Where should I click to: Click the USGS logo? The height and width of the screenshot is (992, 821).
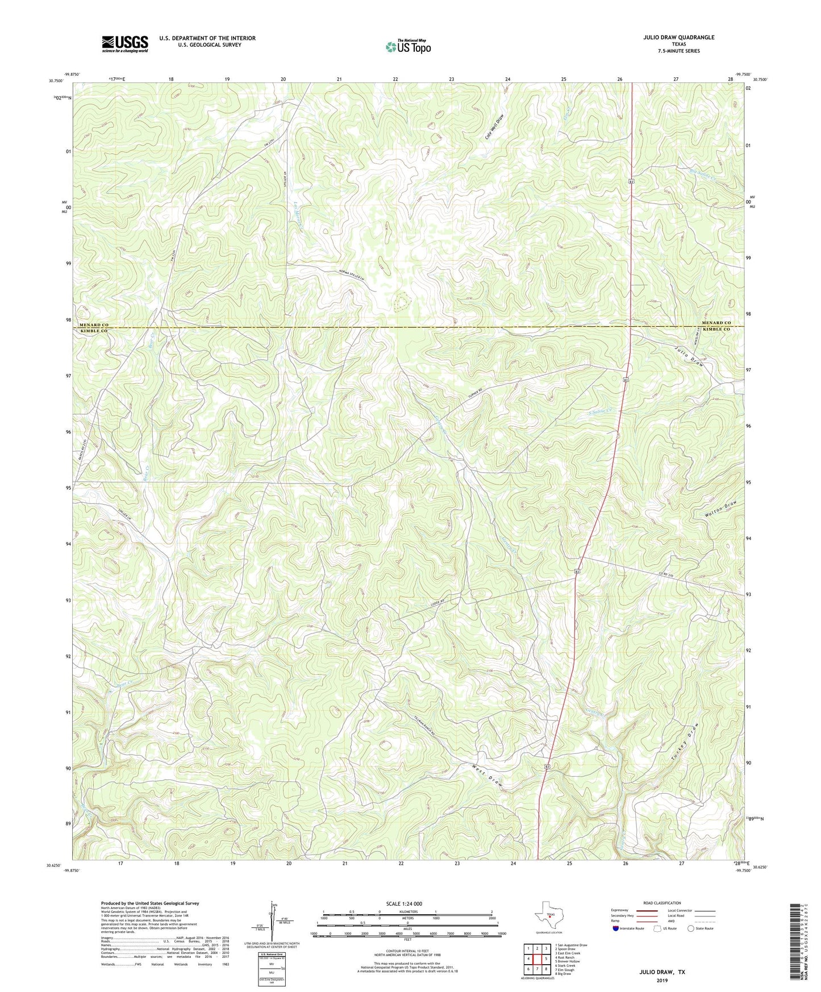tap(125, 44)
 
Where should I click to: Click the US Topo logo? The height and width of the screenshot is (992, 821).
tap(407, 47)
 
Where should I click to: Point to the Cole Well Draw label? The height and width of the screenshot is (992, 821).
tap(494, 127)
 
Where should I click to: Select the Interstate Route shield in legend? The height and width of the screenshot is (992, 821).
tap(616, 928)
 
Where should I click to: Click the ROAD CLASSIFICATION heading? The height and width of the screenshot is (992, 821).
tap(662, 903)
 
